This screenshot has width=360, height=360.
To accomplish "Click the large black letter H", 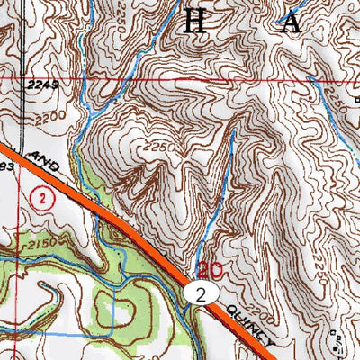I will pos(193,21).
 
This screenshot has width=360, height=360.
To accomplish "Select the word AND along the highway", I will pos(43,165).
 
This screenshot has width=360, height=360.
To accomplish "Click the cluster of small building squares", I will pos(337,339).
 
